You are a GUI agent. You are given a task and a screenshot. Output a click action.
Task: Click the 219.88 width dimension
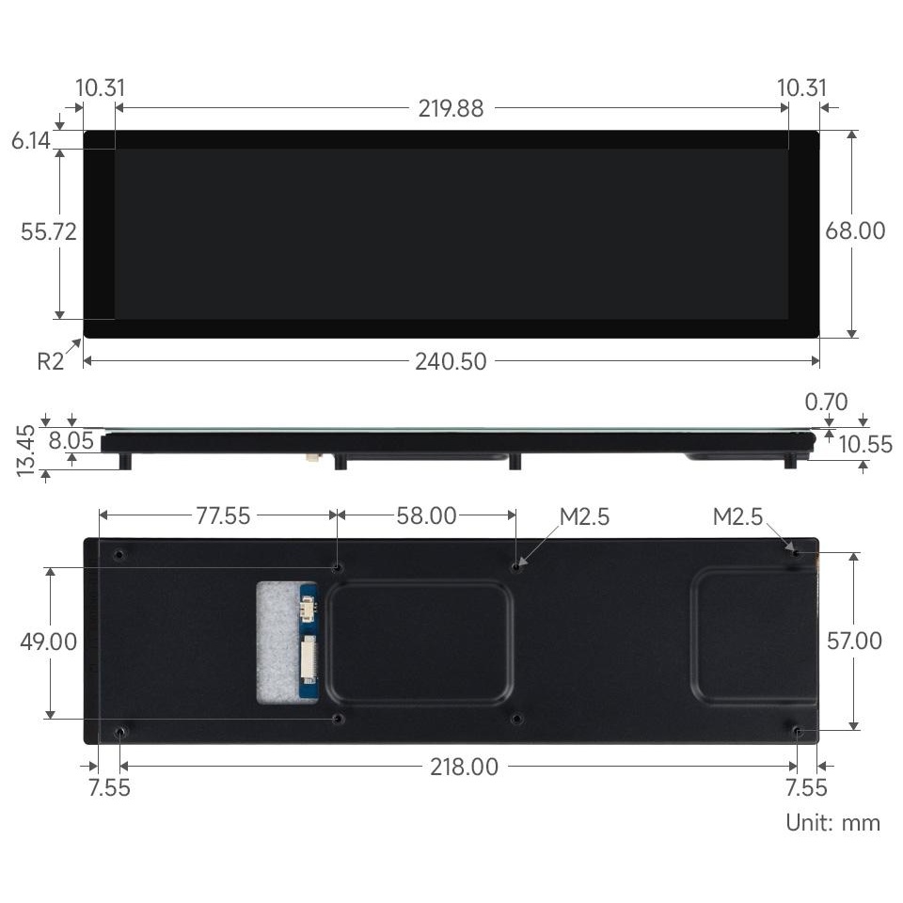pyautogui.click(x=451, y=108)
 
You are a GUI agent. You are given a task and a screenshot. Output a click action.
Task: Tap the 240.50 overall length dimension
pyautogui.click(x=451, y=361)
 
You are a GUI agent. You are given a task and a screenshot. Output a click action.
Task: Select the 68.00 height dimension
pyautogui.click(x=855, y=231)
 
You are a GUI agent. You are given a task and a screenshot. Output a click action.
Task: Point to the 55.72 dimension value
pyautogui.click(x=48, y=231)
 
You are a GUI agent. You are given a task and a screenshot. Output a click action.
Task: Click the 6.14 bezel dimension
pyautogui.click(x=30, y=140)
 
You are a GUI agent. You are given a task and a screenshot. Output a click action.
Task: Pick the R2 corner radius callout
pyautogui.click(x=50, y=361)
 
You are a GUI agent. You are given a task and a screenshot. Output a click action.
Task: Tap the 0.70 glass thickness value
pyautogui.click(x=827, y=402)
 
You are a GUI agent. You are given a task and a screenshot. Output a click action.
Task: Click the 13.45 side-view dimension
pyautogui.click(x=26, y=451)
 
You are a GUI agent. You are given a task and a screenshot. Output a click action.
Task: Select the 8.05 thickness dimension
pyautogui.click(x=71, y=440)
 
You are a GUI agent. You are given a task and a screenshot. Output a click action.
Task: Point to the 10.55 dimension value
pyautogui.click(x=865, y=445)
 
